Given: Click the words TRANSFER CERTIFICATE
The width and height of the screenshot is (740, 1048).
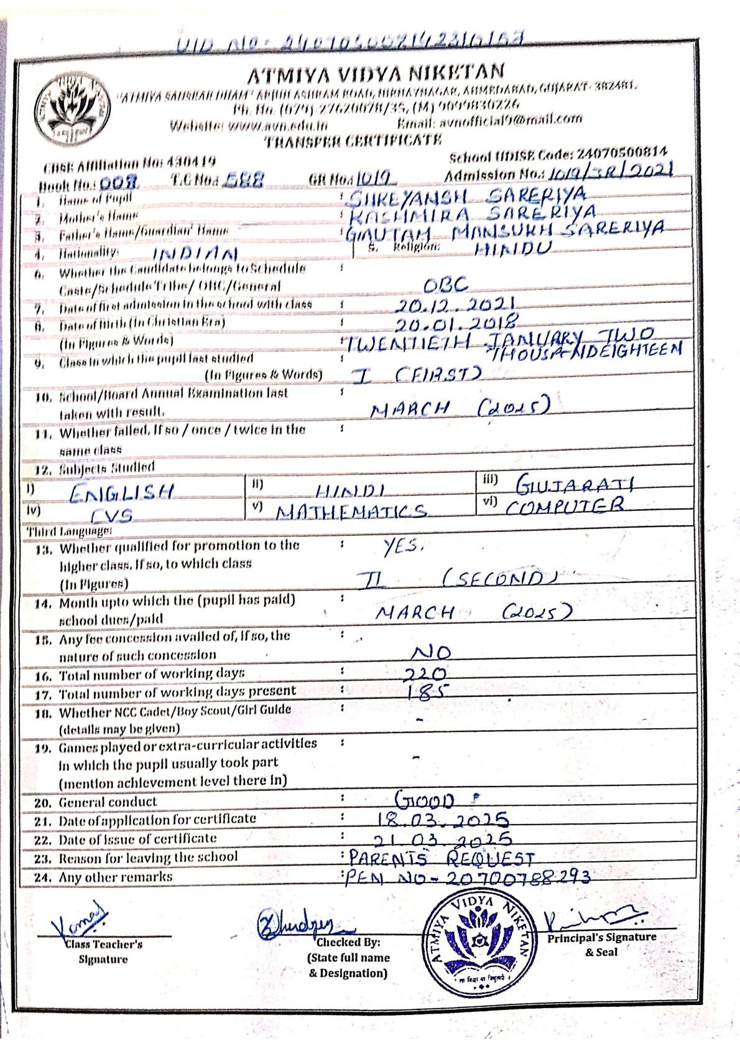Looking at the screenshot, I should coord(353,141).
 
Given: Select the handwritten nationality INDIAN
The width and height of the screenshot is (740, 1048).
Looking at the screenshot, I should coord(195,254).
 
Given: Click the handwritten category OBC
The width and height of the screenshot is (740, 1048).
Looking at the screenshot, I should coord(445,285).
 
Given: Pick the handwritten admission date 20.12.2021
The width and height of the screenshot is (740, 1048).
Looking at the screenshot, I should coord(455,306).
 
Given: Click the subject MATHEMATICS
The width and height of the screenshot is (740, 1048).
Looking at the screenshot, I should coord(352,512).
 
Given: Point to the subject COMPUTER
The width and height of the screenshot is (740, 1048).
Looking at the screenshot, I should coord(564,506).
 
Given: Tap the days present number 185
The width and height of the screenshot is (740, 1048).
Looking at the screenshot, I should coord(427,693).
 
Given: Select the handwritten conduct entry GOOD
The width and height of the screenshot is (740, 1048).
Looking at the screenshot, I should coord(425,800).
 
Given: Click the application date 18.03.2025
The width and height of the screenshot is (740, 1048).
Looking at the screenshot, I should coord(444,820).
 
